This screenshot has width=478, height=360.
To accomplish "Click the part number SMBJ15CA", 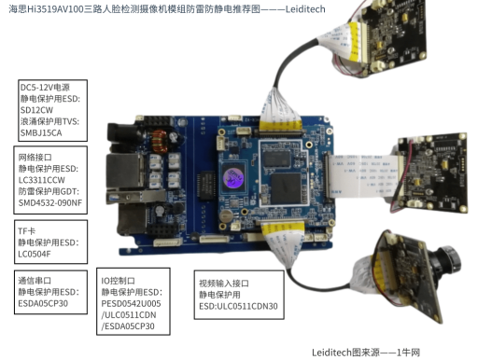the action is (x=41, y=132).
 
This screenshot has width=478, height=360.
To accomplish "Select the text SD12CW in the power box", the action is (x=36, y=110).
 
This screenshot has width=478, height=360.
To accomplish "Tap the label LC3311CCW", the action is (x=42, y=180).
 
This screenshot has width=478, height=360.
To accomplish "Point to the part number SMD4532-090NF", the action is (x=50, y=202).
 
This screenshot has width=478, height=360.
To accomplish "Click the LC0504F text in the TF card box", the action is (x=35, y=254).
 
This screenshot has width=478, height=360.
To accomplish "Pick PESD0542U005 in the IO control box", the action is (x=131, y=303).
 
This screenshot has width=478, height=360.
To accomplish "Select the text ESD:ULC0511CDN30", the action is (x=238, y=306).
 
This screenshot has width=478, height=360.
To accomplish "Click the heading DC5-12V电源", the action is (x=45, y=88).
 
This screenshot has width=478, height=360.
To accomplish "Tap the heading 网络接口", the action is (x=35, y=158).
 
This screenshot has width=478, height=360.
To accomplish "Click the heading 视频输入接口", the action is (x=224, y=284).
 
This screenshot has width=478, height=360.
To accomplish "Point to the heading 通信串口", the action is (x=35, y=281).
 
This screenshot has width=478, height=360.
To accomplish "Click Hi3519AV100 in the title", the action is (x=56, y=9).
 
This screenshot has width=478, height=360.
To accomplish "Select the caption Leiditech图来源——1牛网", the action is (x=366, y=353).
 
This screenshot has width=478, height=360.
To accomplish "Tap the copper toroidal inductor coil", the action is (x=160, y=141).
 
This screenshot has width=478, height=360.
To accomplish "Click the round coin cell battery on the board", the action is (x=226, y=215).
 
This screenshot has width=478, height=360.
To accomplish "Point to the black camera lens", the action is (x=446, y=261).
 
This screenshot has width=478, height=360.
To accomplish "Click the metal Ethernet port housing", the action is (x=124, y=171).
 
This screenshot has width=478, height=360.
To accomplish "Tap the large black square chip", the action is (x=286, y=188).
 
